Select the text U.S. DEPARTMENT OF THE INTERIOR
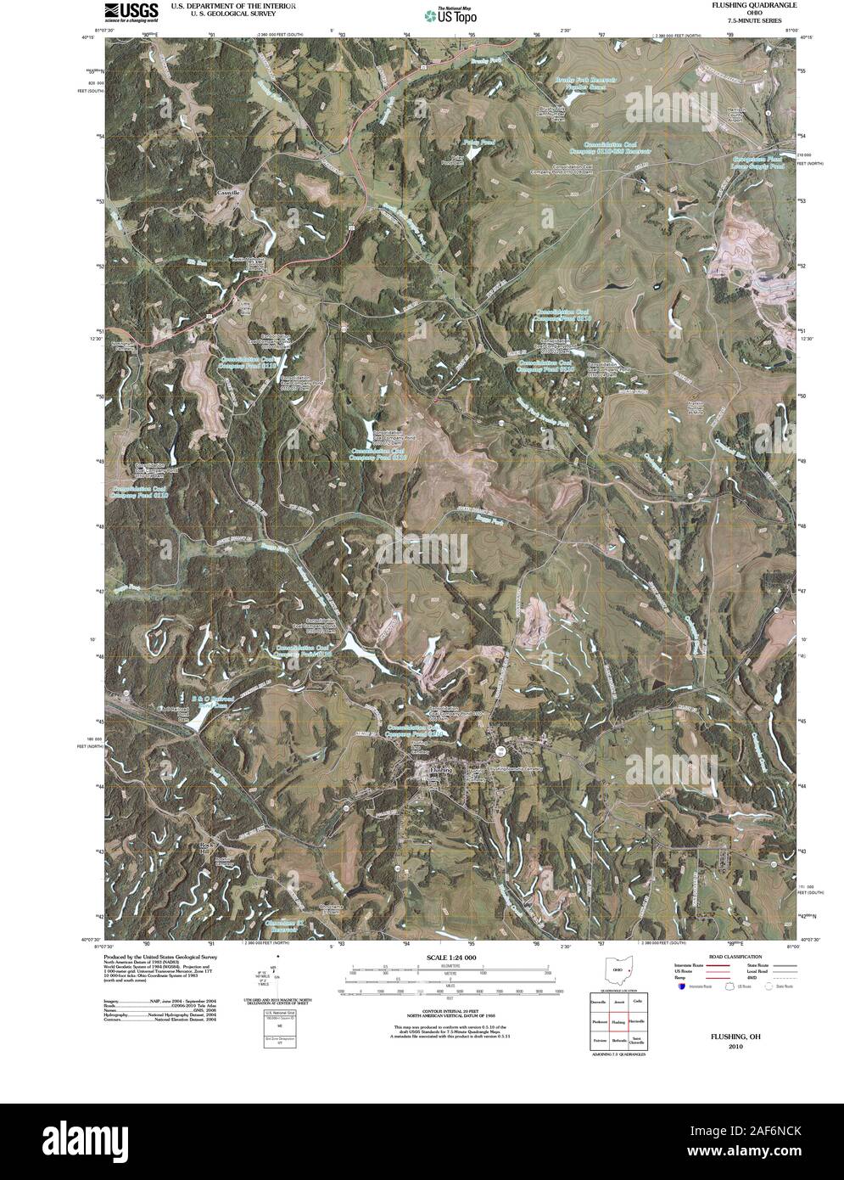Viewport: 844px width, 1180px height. (x=233, y=5)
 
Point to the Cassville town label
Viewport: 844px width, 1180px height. (x=228, y=193)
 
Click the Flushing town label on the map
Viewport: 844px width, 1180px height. (x=442, y=769)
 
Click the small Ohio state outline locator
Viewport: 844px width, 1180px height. (x=618, y=970)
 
